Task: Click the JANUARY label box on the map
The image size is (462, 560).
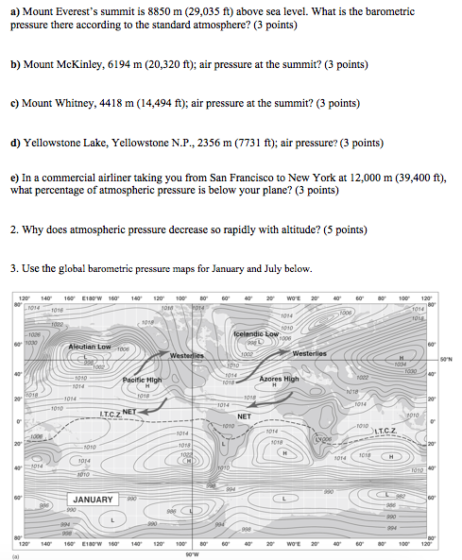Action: click(x=94, y=499)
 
